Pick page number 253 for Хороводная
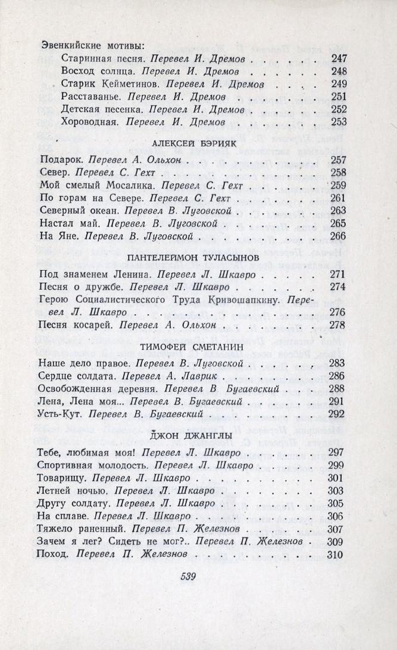pos(337,122)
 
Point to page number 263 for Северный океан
pos(337,210)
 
